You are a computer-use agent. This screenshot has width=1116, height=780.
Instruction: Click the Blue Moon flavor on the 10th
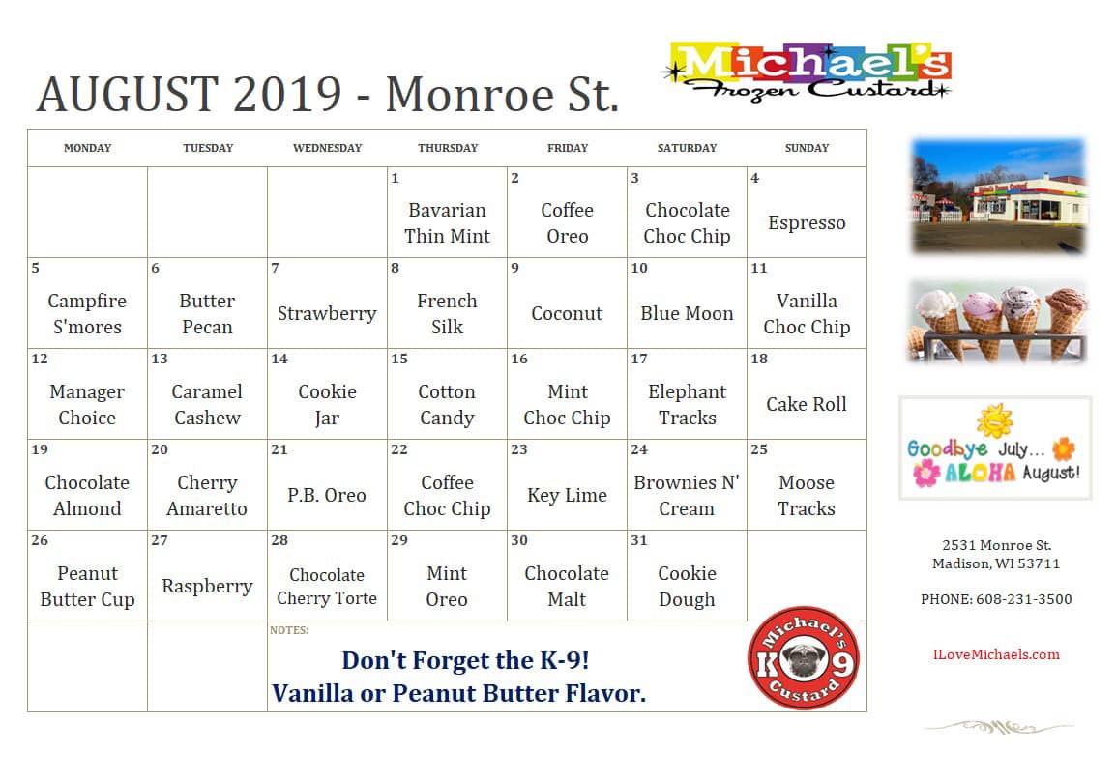click(x=687, y=313)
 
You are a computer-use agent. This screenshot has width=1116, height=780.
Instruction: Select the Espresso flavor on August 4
click(x=807, y=223)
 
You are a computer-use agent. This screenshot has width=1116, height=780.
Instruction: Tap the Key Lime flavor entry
click(x=568, y=496)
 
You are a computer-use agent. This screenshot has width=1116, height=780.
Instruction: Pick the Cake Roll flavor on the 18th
click(x=807, y=405)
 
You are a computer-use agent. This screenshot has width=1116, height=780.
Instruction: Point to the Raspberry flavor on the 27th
click(x=207, y=587)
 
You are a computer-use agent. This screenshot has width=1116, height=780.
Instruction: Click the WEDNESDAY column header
click(x=328, y=148)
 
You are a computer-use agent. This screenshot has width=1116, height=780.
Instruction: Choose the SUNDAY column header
click(x=808, y=148)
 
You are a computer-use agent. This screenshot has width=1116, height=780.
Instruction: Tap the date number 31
click(x=639, y=540)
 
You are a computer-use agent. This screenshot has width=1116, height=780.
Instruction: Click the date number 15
click(x=399, y=359)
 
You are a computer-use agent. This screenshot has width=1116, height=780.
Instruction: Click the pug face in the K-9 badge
click(x=803, y=660)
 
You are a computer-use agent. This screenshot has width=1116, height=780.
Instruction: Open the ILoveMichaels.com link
click(x=996, y=655)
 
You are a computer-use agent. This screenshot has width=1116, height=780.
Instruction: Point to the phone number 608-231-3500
click(x=1023, y=599)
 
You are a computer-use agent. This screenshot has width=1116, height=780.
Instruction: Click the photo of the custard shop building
click(x=999, y=197)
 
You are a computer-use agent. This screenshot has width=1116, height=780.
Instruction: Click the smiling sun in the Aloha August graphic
click(x=994, y=421)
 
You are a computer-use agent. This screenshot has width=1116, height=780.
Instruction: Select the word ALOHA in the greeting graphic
click(x=980, y=473)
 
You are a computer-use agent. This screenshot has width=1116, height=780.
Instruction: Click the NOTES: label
click(x=289, y=631)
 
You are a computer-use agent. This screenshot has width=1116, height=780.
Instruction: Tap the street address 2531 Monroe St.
click(x=996, y=545)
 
